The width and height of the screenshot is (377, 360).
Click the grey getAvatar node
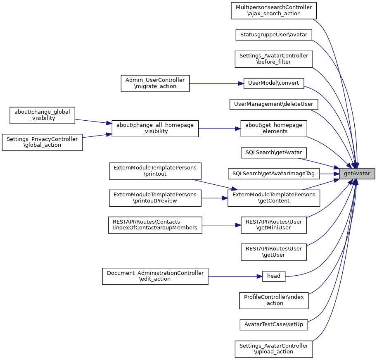click(x=357, y=174)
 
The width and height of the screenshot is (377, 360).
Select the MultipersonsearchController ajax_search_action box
click(x=274, y=10)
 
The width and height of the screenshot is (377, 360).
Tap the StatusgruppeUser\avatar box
click(x=274, y=35)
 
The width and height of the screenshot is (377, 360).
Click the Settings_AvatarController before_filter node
click(x=274, y=59)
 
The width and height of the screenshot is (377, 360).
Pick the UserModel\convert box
click(x=274, y=83)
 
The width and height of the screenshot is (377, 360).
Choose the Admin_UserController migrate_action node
click(x=155, y=83)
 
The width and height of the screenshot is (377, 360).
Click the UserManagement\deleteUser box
click(x=274, y=104)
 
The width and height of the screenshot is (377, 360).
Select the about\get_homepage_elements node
click(x=274, y=129)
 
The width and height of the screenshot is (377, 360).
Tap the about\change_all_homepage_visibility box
click(x=155, y=129)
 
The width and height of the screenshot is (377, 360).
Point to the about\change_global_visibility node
click(x=42, y=115)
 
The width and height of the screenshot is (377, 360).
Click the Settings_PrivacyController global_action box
click(x=42, y=142)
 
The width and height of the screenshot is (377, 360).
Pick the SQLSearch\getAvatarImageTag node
click(x=274, y=174)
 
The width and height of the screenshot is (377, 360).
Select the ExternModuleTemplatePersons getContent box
click(x=274, y=198)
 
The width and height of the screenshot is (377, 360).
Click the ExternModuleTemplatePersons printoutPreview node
click(x=155, y=198)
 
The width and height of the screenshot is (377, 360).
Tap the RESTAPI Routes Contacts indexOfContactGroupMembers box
click(x=155, y=225)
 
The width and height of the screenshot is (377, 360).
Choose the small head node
click(x=274, y=276)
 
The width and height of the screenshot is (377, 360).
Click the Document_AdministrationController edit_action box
click(x=155, y=276)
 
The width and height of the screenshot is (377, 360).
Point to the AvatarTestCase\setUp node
click(x=274, y=324)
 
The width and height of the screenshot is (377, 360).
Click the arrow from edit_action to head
click(x=235, y=276)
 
